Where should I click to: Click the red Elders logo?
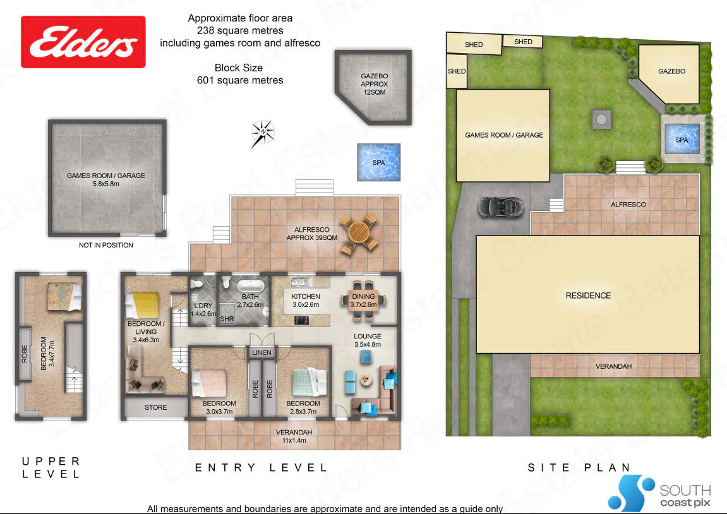[83, 42]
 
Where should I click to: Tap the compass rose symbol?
[262, 133]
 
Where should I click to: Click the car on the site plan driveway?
[502, 206]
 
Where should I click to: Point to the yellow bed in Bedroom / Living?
[142, 306]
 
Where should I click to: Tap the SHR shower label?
[227, 319]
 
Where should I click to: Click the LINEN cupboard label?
[261, 353]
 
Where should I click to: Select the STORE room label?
[156, 407]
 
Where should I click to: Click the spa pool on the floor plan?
[378, 162]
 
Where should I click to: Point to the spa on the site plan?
[682, 139]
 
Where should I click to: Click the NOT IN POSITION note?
[105, 245]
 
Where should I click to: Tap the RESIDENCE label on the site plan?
[588, 296]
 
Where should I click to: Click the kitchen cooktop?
[301, 320]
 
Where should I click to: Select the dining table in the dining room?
[364, 301]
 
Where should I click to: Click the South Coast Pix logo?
[659, 494]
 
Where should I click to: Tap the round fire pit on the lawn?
[601, 119]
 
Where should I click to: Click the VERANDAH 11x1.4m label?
[294, 436]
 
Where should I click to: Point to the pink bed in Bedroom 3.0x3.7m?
[209, 383]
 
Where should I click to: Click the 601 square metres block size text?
[240, 80]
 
